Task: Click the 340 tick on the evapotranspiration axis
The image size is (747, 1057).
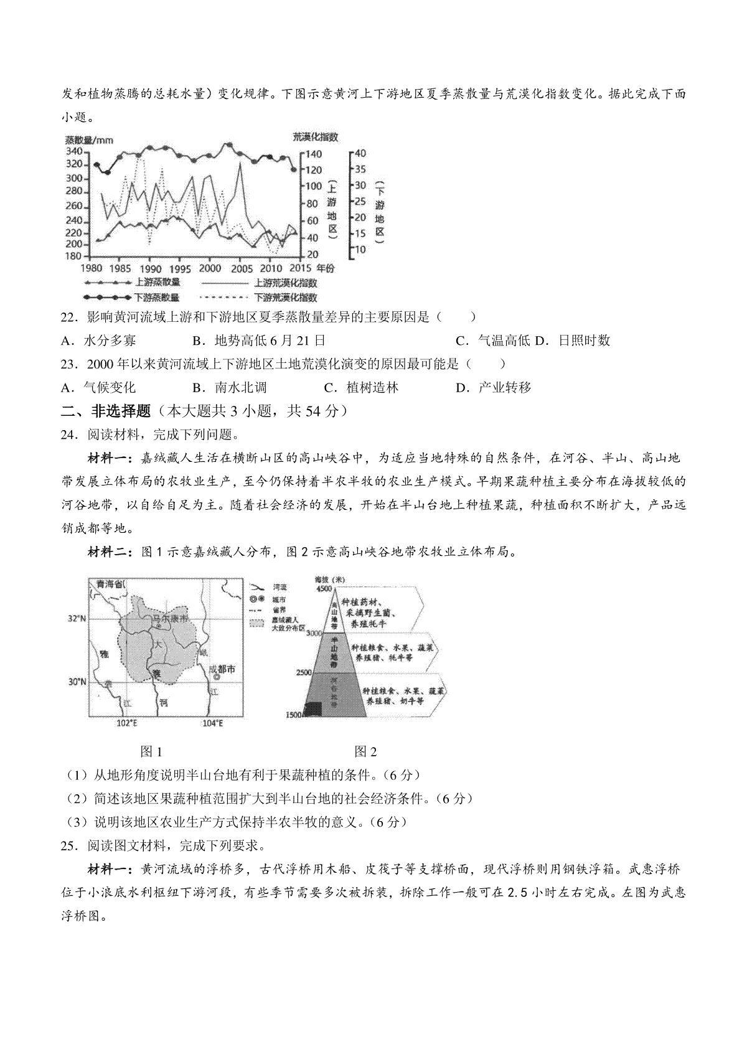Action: point(73,151)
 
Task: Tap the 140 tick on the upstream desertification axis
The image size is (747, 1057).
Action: point(313,154)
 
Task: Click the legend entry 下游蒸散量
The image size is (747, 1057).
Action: point(157,298)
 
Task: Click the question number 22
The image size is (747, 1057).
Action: point(68,317)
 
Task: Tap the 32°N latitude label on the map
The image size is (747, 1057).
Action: point(77,619)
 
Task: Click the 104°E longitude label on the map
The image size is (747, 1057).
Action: point(213,723)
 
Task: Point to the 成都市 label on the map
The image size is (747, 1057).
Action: point(222,669)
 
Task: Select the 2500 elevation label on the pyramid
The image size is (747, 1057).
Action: point(303,672)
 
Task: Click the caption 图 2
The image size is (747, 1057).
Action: point(365,751)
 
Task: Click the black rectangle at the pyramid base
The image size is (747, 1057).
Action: point(312,709)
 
